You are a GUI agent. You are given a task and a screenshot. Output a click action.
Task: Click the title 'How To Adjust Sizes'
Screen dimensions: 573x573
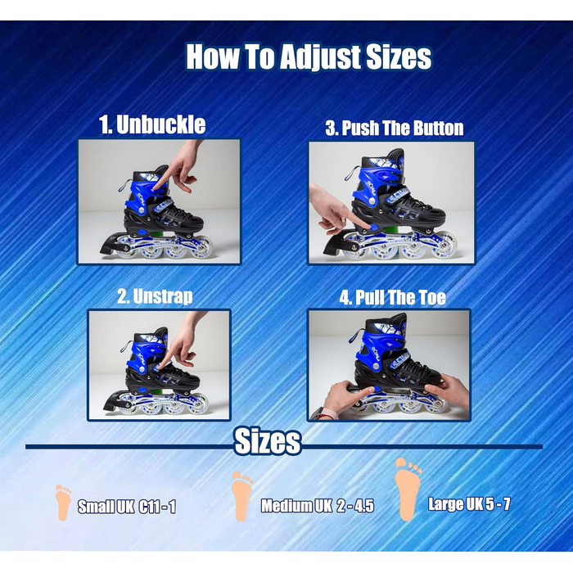(x=309, y=56)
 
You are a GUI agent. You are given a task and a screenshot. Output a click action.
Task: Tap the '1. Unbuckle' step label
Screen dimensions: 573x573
(x=152, y=124)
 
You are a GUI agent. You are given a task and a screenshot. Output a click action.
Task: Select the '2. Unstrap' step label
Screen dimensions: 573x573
(x=155, y=296)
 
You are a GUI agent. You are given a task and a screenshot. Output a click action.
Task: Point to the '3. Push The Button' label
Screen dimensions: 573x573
(x=395, y=129)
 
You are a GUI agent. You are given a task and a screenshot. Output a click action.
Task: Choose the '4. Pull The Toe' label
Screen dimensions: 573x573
(x=392, y=297)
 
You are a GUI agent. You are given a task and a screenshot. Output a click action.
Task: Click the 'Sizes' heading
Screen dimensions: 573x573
(x=268, y=441)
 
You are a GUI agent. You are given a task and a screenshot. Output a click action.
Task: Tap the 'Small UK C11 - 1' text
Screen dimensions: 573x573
(x=127, y=507)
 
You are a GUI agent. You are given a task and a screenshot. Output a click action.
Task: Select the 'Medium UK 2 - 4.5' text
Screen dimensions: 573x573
(x=318, y=506)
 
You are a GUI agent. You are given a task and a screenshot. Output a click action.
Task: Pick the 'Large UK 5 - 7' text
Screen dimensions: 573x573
(x=469, y=504)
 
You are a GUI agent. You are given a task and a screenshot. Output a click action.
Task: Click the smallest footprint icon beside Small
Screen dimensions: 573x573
(x=63, y=503)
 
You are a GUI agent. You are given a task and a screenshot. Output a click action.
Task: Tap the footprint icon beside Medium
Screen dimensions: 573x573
(x=241, y=496)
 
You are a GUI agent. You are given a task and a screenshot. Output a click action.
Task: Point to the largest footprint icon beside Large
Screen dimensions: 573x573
(x=407, y=490)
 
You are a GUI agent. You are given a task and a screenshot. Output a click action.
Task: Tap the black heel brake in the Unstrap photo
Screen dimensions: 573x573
(x=115, y=400)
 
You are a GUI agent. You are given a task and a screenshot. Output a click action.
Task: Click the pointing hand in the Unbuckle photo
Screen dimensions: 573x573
(x=182, y=166)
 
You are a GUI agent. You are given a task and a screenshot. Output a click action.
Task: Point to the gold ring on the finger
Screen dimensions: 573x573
(x=344, y=219)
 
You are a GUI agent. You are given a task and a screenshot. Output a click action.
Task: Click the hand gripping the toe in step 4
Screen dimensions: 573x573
(x=448, y=391)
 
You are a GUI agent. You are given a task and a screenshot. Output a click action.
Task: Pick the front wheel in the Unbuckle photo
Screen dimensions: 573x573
(x=202, y=248)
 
